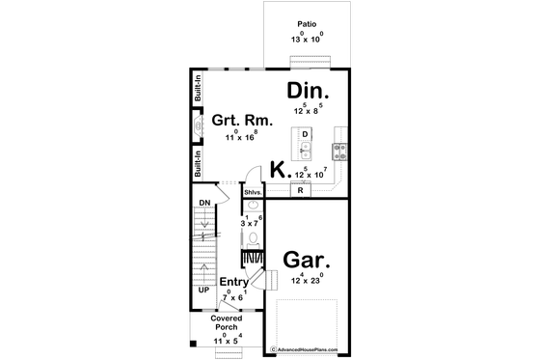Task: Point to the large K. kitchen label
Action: point(279,170)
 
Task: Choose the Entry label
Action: point(233,282)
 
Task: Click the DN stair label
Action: point(203,202)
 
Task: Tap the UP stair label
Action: point(203,289)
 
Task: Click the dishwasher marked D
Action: point(305,133)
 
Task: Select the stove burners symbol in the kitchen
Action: point(339,150)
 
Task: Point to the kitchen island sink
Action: point(305,149)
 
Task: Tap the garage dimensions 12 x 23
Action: point(308,279)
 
